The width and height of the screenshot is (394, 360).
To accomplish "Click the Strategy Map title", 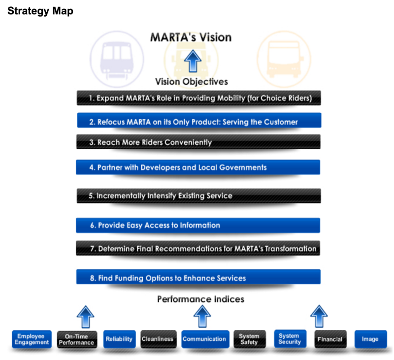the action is coord(40,11).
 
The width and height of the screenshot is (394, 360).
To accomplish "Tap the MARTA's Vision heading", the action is coord(191,37).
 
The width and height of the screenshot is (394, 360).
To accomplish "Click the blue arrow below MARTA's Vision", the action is coord(193,61).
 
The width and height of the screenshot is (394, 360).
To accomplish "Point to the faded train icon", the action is coord(117,59).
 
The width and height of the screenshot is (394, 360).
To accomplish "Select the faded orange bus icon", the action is coord(284,59).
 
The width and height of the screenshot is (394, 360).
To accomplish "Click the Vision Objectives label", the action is coord(192,82).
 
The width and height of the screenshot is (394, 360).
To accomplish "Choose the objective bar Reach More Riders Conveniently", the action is coord(198,142).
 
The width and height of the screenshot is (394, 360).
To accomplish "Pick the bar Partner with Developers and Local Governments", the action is coord(198,167).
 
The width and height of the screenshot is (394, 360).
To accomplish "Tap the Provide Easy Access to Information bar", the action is coord(198,225).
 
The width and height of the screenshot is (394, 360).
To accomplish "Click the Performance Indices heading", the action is coord(200,299).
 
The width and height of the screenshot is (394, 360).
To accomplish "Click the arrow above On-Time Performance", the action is coord(86,317).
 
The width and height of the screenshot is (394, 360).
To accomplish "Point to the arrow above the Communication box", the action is coord(202,316).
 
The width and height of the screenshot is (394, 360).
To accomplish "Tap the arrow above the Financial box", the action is coord(319,316).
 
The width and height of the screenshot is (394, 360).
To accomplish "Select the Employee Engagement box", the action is coord(32,339).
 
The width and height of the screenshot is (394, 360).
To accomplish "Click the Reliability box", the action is coord(119,339).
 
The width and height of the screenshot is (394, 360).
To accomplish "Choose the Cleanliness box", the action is coord(158,339).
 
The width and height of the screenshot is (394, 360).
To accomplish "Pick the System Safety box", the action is coord(250,339).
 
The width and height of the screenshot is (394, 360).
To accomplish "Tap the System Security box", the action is coord(290,339).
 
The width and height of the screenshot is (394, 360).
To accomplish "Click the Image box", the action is coord(371,339).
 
